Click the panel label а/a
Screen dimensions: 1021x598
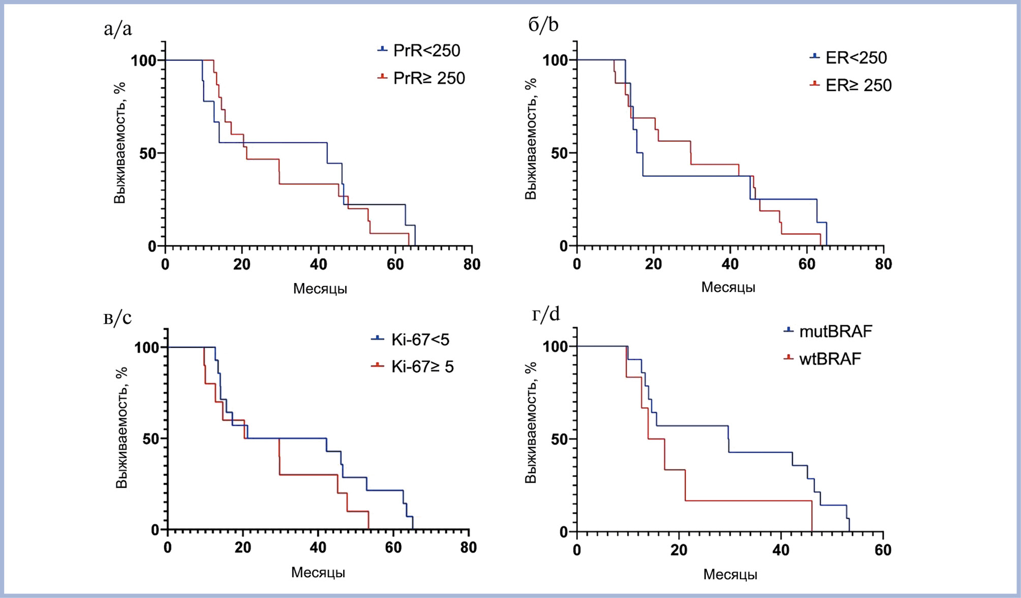tap(118, 29)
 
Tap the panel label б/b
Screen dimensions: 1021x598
tap(544, 24)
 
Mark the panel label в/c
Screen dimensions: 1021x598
tap(117, 318)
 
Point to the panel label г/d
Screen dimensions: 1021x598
tap(546, 314)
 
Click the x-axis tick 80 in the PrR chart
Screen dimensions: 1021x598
tap(472, 264)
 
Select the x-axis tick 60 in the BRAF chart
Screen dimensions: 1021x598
tap(883, 550)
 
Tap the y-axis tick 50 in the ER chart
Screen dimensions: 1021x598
tap(559, 153)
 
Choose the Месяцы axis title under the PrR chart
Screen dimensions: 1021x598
tap(320, 289)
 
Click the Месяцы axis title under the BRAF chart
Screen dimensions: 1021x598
tap(730, 575)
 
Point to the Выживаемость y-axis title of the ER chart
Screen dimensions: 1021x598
tap(531, 139)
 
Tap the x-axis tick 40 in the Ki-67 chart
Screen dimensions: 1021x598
tap(318, 548)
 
